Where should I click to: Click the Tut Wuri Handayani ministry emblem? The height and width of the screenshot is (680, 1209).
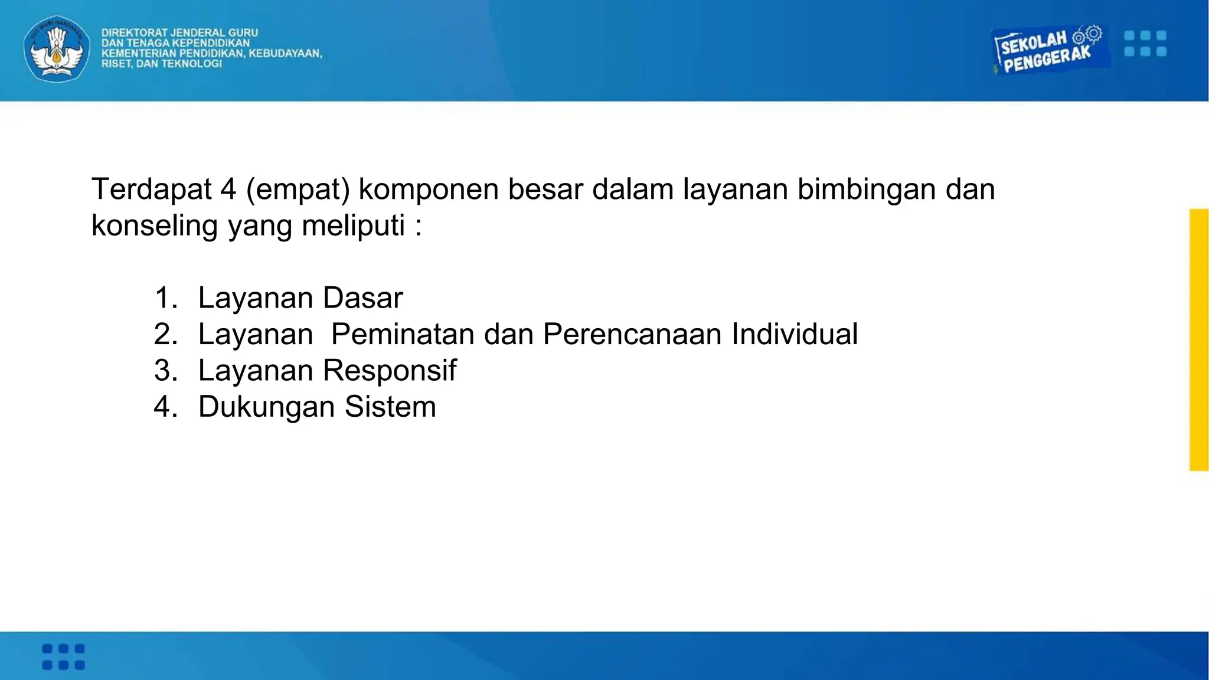pyautogui.click(x=57, y=48)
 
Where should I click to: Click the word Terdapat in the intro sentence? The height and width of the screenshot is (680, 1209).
pyautogui.click(x=152, y=189)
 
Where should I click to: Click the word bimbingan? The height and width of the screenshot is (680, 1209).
pyautogui.click(x=867, y=189)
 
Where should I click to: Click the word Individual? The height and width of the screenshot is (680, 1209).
pyautogui.click(x=795, y=334)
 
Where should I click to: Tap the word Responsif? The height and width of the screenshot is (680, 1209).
pyautogui.click(x=390, y=371)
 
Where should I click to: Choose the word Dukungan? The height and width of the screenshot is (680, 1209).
pyautogui.click(x=267, y=407)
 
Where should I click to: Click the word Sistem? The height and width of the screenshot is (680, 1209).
pyautogui.click(x=390, y=407)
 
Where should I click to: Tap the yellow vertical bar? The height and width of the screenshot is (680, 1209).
pyautogui.click(x=1198, y=339)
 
